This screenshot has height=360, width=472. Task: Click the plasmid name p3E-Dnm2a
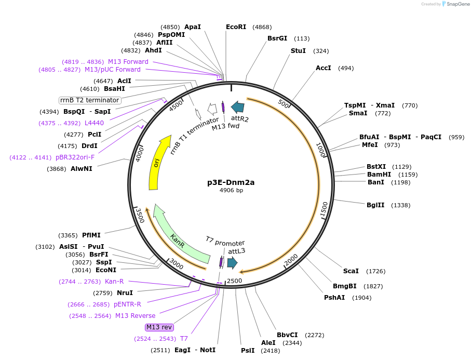231,182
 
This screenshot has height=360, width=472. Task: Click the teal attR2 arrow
238,108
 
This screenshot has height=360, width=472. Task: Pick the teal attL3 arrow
232,263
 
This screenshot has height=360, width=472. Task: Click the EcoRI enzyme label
236,27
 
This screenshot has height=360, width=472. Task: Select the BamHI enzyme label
377,175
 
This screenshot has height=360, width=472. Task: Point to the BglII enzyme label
375,205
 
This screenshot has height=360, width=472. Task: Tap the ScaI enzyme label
351,271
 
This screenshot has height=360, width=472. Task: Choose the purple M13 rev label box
159,327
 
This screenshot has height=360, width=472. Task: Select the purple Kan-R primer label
114,282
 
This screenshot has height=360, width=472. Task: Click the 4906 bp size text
231,191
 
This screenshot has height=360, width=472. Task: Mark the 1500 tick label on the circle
324,209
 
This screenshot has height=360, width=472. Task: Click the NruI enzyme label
125,293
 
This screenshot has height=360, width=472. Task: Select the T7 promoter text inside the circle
225,242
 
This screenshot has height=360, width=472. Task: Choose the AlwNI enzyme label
81,169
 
